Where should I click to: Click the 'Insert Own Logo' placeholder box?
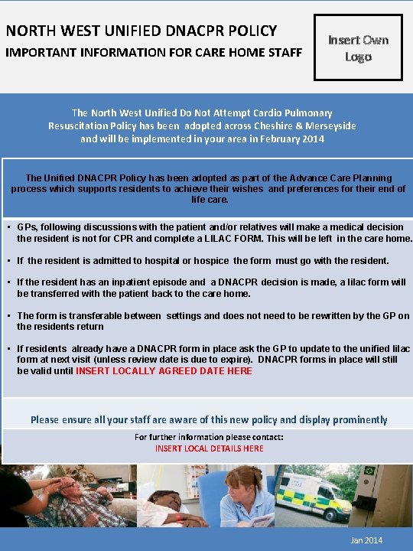(x=358, y=47)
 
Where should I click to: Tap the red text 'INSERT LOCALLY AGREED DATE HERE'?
(x=164, y=371)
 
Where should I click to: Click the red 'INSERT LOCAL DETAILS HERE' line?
(x=209, y=448)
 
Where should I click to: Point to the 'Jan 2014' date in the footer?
(x=366, y=540)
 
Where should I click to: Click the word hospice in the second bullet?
(x=211, y=261)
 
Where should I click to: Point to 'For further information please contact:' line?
(x=209, y=437)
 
